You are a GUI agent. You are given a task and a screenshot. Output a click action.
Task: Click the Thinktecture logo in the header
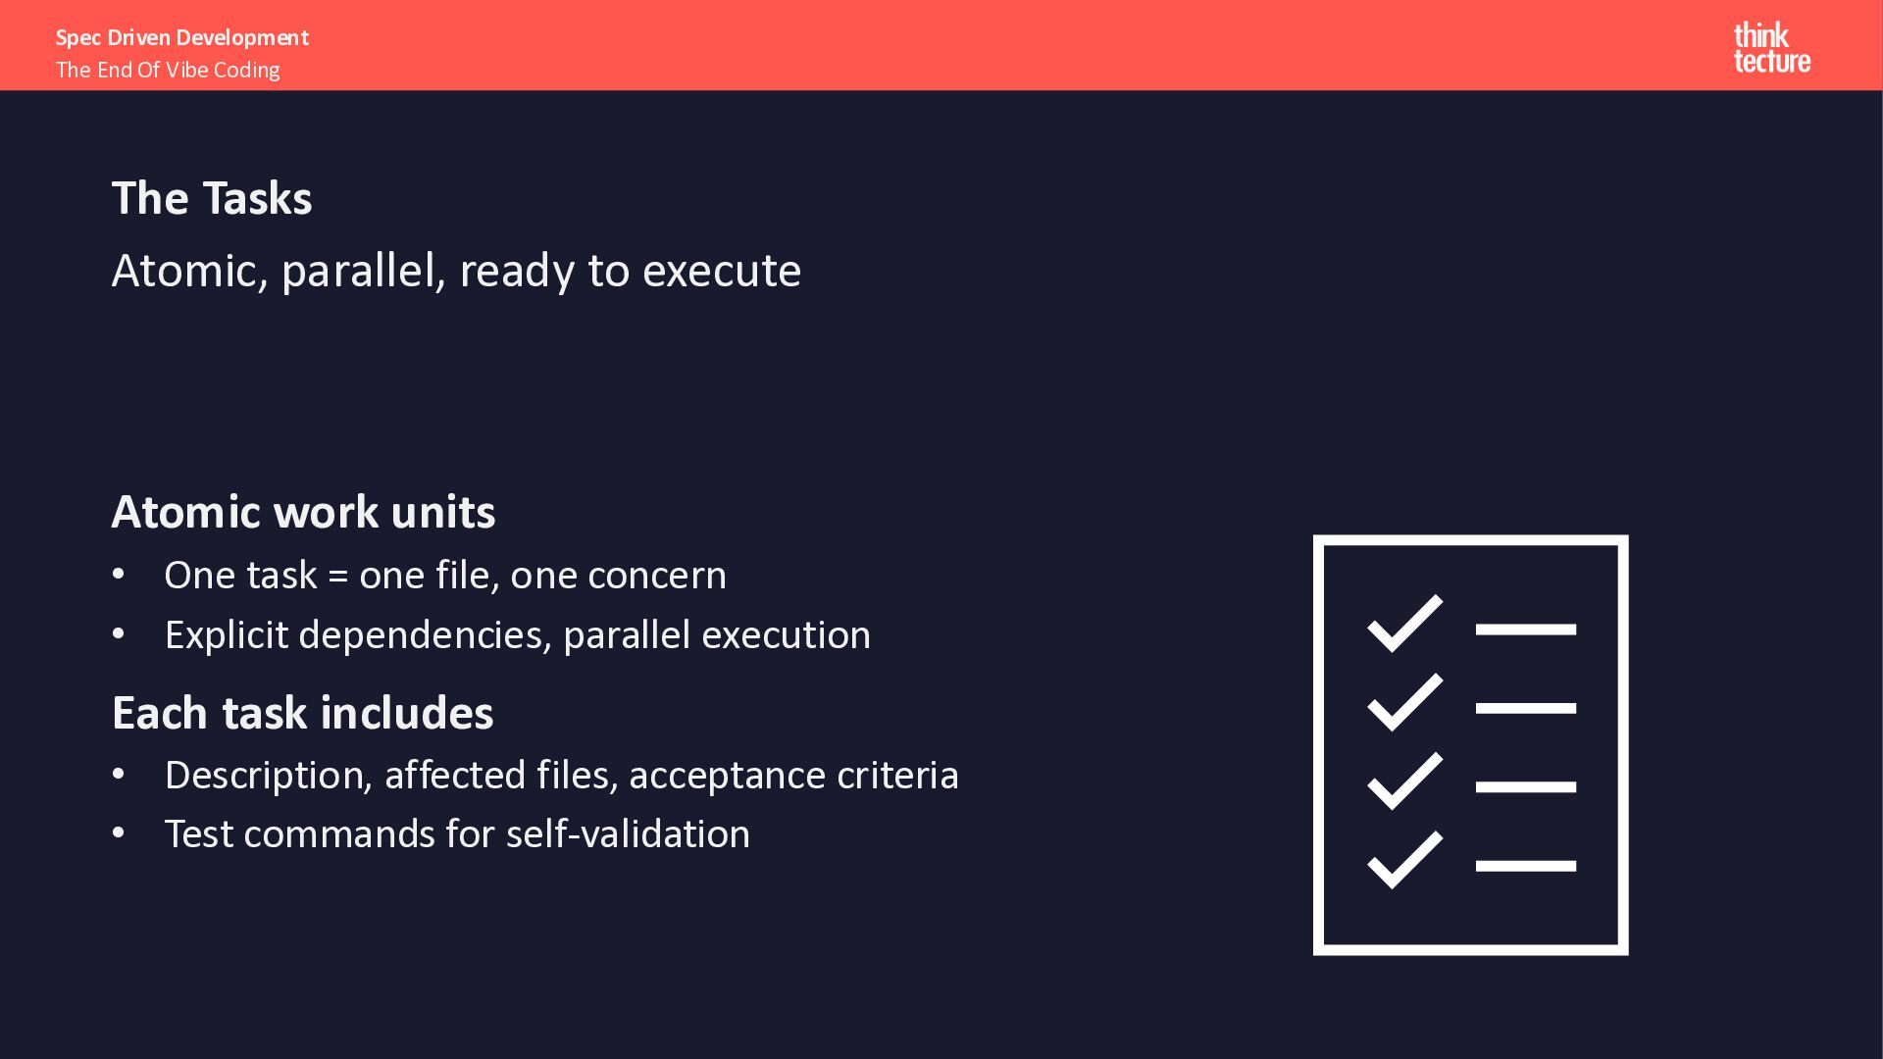click(x=1772, y=48)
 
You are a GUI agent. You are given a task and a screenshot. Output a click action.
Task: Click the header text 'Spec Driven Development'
click(x=182, y=37)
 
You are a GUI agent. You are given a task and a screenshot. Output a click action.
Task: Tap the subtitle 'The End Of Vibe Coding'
click(x=168, y=70)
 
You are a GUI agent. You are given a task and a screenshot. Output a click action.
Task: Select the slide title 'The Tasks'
click(x=212, y=198)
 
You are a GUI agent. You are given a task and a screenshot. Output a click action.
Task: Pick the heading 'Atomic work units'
click(x=304, y=512)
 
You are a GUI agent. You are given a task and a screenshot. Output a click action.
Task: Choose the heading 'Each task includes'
click(x=303, y=713)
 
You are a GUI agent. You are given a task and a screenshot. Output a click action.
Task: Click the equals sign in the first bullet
click(x=338, y=577)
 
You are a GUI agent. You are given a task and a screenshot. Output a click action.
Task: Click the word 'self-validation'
click(x=628, y=834)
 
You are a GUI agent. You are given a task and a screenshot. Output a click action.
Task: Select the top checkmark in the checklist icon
click(x=1404, y=624)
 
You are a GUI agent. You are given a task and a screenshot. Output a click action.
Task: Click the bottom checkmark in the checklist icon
click(x=1404, y=860)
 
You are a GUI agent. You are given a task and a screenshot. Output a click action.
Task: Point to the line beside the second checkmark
click(x=1526, y=708)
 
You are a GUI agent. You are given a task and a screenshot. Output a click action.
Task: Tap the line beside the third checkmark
click(x=1526, y=786)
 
